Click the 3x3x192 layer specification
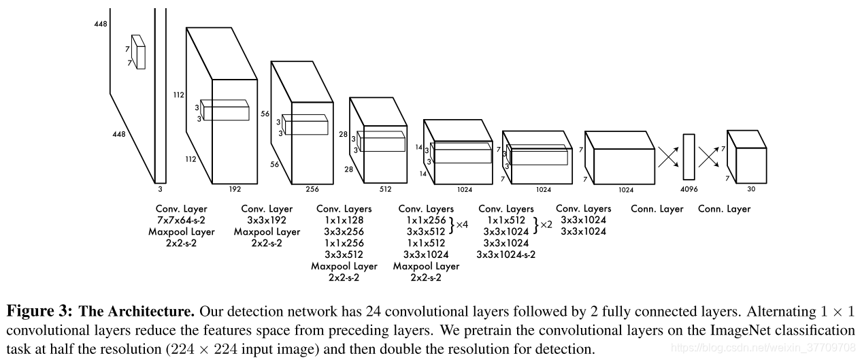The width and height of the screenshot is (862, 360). pyautogui.click(x=267, y=220)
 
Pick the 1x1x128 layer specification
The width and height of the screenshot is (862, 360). pyautogui.click(x=344, y=220)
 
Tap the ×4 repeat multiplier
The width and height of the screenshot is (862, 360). pyautogui.click(x=463, y=224)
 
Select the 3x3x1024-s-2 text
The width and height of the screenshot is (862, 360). pyautogui.click(x=506, y=255)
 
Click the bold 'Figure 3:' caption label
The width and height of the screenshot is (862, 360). pyautogui.click(x=40, y=312)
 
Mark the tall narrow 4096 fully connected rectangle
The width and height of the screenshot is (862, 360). pyautogui.click(x=689, y=157)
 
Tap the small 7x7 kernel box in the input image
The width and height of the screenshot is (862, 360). pyautogui.click(x=139, y=52)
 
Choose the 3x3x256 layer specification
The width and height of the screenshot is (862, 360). pyautogui.click(x=344, y=232)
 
